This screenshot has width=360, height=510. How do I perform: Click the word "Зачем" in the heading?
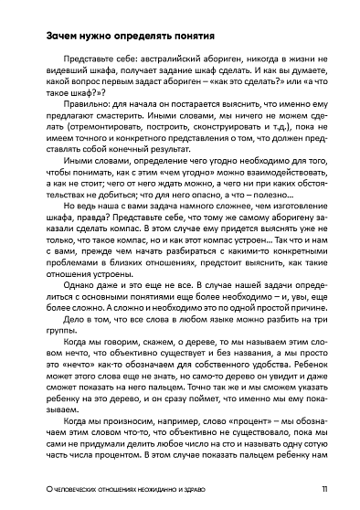coord(49,37)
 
